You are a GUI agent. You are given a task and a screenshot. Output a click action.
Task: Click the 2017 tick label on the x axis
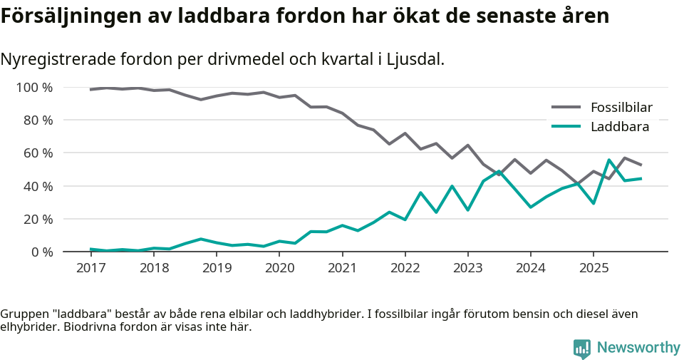(x=90, y=268)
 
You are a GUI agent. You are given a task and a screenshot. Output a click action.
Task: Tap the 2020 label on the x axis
(x=279, y=268)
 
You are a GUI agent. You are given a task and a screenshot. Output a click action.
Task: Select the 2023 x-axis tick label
(x=468, y=268)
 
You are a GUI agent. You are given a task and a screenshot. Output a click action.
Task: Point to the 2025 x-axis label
(x=594, y=268)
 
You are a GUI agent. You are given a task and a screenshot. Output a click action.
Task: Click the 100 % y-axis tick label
(x=34, y=88)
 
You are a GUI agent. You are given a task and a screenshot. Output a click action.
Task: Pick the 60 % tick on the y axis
(x=38, y=153)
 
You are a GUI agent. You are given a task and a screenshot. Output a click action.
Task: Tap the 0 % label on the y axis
(x=41, y=252)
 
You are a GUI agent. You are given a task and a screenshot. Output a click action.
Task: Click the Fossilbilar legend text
(x=621, y=108)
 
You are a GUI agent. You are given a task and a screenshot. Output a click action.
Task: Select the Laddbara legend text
(x=619, y=127)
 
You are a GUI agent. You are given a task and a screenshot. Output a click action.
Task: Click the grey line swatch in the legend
(x=566, y=108)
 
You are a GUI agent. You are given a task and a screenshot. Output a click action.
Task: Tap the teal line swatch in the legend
(x=566, y=127)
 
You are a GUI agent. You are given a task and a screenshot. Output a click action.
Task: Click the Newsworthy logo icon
(x=582, y=348)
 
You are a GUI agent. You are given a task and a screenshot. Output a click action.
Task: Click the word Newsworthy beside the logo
(x=638, y=348)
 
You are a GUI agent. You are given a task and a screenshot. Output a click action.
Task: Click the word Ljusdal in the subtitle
(x=415, y=59)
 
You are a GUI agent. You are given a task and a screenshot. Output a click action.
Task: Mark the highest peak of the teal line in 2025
(x=609, y=160)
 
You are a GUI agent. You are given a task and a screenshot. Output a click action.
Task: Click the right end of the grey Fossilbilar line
(x=641, y=165)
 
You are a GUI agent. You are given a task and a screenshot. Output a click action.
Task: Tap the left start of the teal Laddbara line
(x=91, y=249)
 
